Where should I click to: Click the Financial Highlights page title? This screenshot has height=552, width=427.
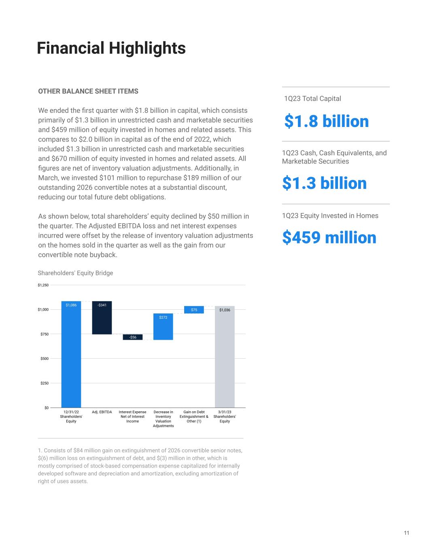tap(111, 48)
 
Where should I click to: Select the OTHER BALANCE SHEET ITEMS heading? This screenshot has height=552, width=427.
tap(88, 91)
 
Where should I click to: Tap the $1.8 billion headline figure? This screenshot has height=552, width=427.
tap(326, 121)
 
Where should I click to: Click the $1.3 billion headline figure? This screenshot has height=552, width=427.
tap(324, 183)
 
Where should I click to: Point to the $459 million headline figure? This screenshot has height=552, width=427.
tap(329, 237)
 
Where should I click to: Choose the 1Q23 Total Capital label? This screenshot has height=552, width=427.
tap(312, 99)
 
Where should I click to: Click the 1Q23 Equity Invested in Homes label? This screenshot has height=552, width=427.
tap(330, 216)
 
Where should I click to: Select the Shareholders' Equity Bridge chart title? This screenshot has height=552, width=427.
tap(75, 273)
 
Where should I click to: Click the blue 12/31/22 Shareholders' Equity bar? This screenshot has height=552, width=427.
tap(71, 356)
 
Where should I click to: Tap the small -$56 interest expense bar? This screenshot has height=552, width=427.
tap(133, 337)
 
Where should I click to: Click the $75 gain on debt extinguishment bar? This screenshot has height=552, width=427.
tap(194, 310)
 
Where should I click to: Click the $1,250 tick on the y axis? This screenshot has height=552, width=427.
tap(43, 285)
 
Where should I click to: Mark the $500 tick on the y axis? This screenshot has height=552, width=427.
tap(44, 359)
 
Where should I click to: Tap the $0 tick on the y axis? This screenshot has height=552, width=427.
tap(46, 408)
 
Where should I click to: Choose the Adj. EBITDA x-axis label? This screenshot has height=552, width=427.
tap(102, 412)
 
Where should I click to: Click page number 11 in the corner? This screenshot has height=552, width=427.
tap(406, 533)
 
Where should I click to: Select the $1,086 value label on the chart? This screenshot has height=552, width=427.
tap(71, 305)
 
